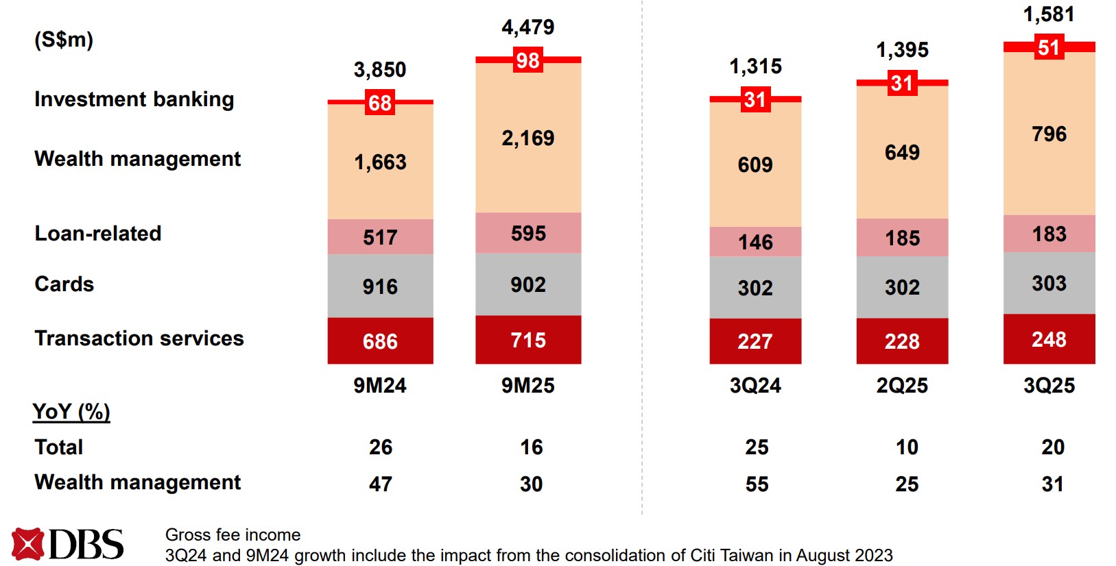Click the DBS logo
(67, 545)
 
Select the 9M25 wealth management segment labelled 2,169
(527, 138)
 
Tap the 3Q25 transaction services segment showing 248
(1049, 339)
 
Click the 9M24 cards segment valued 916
(380, 286)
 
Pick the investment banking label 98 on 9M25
(527, 60)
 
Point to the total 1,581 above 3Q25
(1049, 14)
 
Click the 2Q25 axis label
(902, 386)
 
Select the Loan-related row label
(98, 234)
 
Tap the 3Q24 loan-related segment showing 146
(755, 242)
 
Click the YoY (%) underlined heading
(71, 412)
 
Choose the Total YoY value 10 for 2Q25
(907, 447)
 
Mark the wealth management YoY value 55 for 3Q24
(757, 484)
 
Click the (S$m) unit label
(64, 40)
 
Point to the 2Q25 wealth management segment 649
(902, 152)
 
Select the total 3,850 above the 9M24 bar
(380, 70)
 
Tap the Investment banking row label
(134, 99)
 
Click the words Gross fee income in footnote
(233, 534)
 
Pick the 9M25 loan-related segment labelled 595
(527, 234)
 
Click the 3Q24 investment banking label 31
(755, 100)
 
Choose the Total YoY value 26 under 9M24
(381, 447)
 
